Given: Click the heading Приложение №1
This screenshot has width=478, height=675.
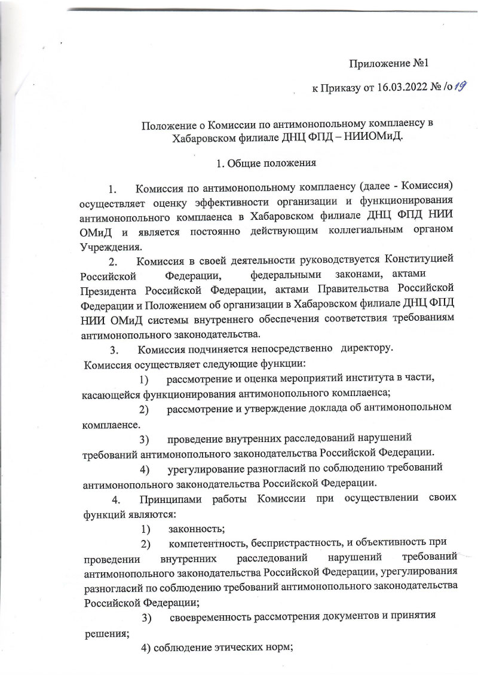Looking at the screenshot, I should (x=390, y=63).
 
